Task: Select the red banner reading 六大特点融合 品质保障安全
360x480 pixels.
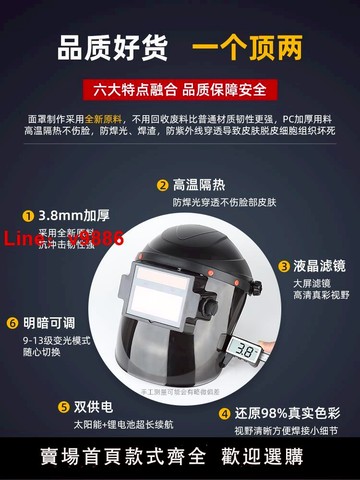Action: [x=180, y=90]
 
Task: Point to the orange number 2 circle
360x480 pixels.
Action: [x=161, y=185]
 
